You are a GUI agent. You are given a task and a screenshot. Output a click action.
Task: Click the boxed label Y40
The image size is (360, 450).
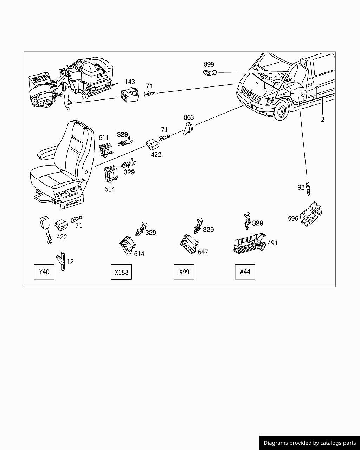pyautogui.click(x=44, y=272)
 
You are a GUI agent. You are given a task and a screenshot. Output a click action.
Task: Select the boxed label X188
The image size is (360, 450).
pyautogui.click(x=121, y=272)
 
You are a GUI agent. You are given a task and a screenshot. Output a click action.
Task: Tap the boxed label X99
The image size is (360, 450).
pyautogui.click(x=184, y=272)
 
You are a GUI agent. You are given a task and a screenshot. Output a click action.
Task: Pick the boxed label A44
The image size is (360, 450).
pyautogui.click(x=245, y=272)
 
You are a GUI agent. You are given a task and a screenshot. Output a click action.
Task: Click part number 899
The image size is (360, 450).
pyautogui.click(x=209, y=64)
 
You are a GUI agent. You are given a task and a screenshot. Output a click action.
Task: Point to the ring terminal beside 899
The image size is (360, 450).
pyautogui.click(x=210, y=73)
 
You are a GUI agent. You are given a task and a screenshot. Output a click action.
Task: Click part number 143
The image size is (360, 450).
pyautogui.click(x=130, y=82)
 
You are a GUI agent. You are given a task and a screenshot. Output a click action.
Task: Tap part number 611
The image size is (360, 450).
pyautogui.click(x=104, y=138)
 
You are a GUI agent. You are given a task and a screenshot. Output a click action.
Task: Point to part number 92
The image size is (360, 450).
pyautogui.click(x=301, y=187)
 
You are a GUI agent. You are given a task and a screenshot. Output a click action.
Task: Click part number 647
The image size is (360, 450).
pyautogui.click(x=203, y=252)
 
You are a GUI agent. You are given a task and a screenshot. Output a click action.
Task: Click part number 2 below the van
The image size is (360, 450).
pyautogui.click(x=322, y=120)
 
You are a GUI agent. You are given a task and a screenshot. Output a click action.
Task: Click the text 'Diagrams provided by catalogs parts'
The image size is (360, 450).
pyautogui.click(x=310, y=443)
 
